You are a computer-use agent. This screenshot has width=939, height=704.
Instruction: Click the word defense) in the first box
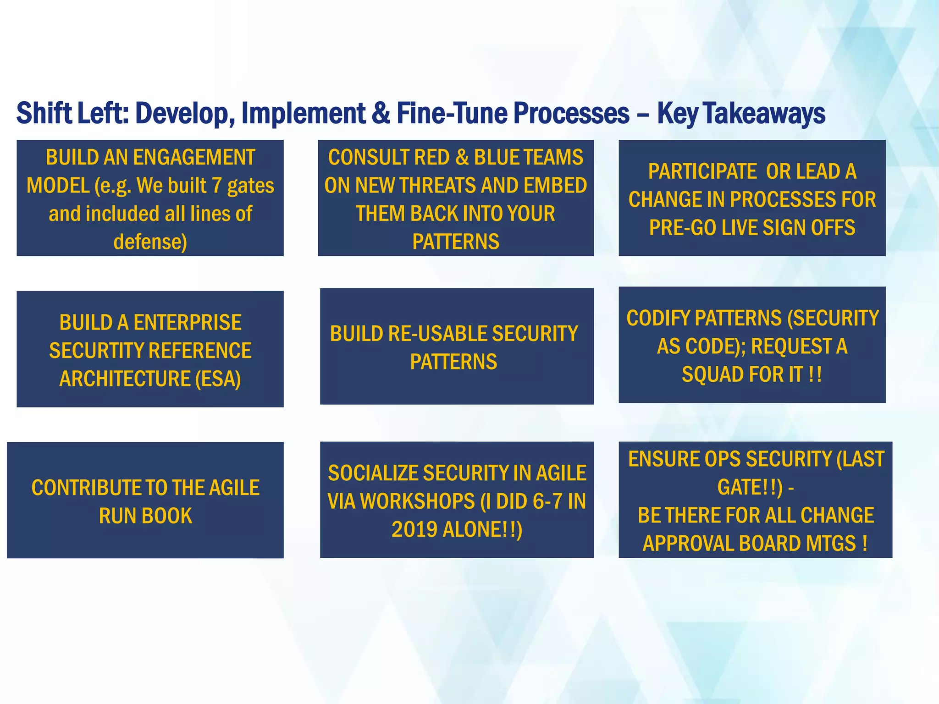pos(150,242)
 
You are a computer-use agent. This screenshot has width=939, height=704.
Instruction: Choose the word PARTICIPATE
pos(702,172)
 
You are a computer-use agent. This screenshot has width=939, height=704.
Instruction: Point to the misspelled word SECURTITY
pos(87,351)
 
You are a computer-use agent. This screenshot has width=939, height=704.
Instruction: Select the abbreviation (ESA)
pos(218,379)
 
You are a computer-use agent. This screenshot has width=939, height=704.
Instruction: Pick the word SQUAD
pos(711,374)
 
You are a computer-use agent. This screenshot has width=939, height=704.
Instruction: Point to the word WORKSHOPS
pos(417,501)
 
